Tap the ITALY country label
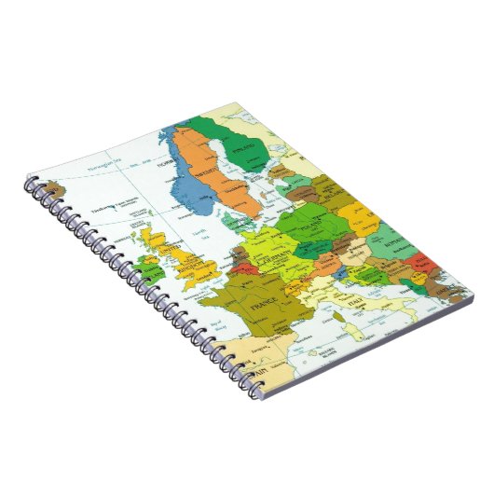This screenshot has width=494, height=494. tap(356, 305)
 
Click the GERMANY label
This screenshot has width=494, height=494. tap(277, 254)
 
